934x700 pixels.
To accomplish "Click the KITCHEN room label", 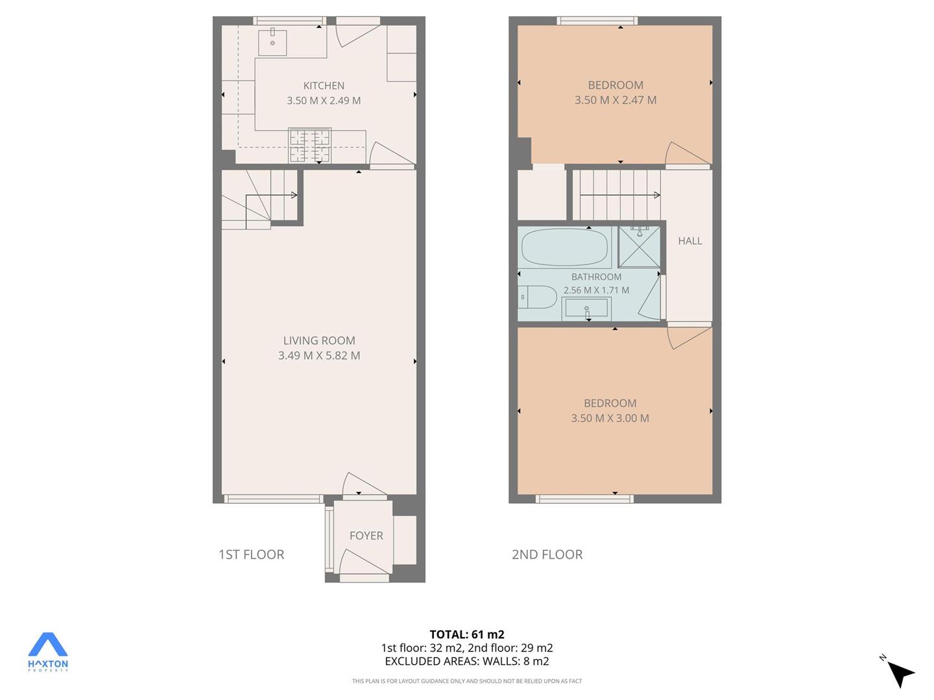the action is [324, 86].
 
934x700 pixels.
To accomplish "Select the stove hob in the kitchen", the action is [310, 146].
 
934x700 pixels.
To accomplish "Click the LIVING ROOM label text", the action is [319, 340].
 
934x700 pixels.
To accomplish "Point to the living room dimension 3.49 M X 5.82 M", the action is [319, 355].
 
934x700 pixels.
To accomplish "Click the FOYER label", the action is [366, 535].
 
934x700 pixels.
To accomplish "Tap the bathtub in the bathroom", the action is [565, 248].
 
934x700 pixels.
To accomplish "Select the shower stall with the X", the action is [639, 247].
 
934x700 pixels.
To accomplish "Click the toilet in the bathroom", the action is [537, 297].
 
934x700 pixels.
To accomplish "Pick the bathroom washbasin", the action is [586, 308].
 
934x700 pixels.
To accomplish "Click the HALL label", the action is [689, 241].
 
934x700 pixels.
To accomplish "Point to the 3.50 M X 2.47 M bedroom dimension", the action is [616, 100].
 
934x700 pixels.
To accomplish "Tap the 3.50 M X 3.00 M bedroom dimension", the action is [610, 418].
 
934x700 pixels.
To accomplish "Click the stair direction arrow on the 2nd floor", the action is [620, 195].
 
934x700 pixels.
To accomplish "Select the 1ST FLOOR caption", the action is [251, 554].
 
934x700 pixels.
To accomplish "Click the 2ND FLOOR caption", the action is [547, 554].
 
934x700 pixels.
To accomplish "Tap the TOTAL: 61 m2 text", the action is [467, 635].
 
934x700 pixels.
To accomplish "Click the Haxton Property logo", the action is [47, 652].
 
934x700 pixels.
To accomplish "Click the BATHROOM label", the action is [596, 277].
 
